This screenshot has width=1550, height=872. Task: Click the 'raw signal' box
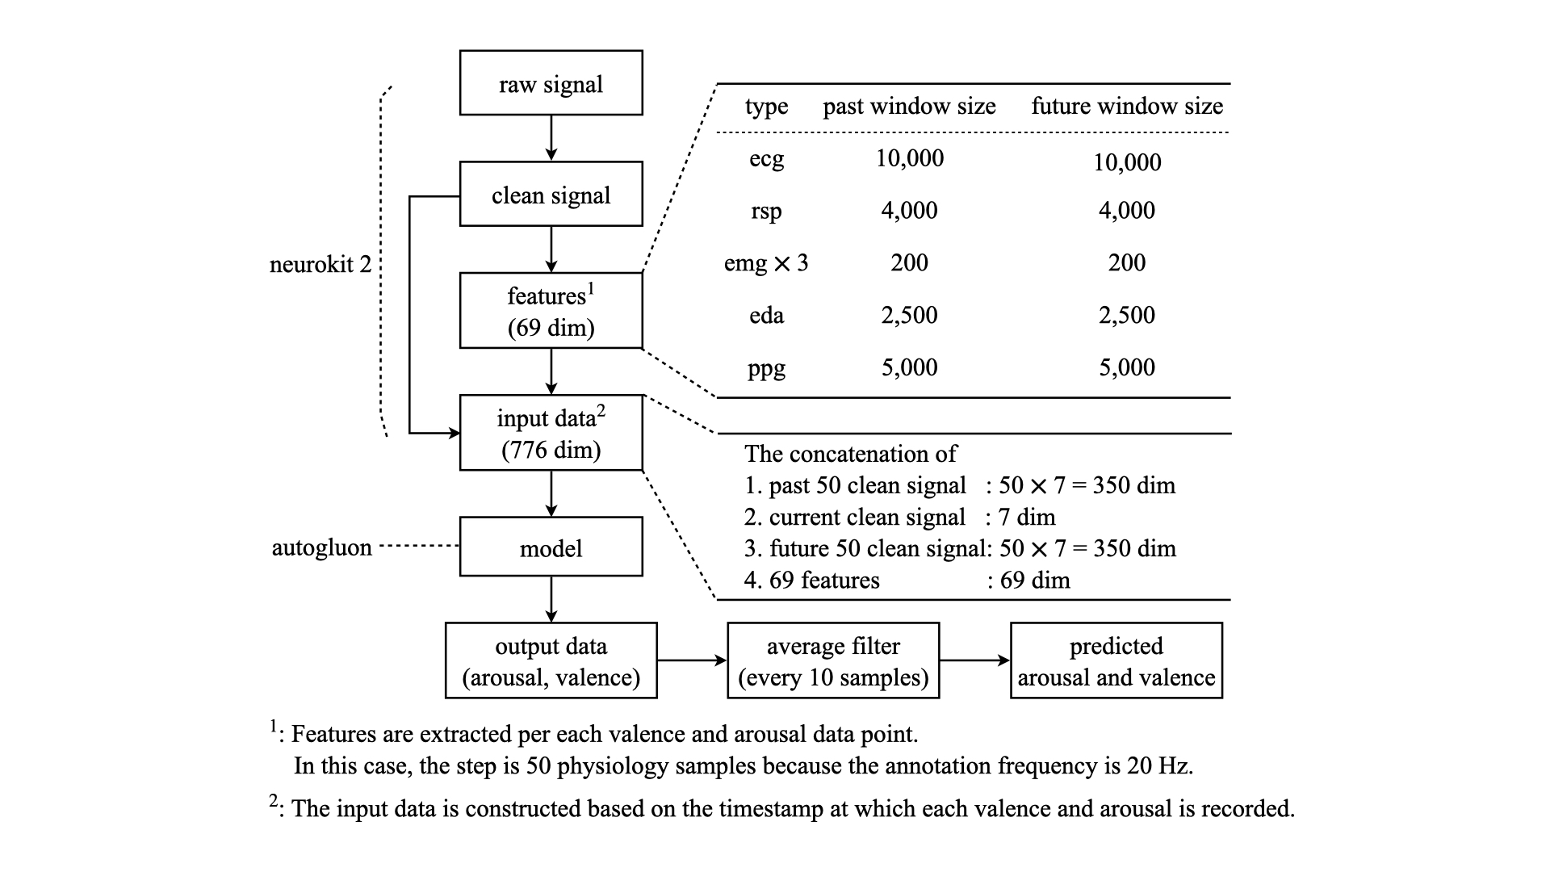point(551,83)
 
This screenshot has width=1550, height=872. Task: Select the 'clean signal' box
point(551,195)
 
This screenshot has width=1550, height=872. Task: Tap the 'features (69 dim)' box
point(551,311)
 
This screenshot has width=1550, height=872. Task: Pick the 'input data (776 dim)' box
point(551,433)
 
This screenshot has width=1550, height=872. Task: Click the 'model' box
point(551,547)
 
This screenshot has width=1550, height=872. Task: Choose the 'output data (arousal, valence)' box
point(551,660)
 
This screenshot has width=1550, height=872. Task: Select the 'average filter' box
point(833,660)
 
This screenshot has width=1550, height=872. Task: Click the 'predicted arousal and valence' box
point(1116,660)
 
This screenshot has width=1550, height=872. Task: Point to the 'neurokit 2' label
point(320,264)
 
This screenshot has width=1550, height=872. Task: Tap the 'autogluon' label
point(321,547)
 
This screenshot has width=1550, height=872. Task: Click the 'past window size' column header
point(909,106)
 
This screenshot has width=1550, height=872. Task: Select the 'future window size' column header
point(1127,106)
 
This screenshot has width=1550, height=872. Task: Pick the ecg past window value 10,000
point(909,158)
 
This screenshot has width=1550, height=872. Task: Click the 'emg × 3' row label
point(765,263)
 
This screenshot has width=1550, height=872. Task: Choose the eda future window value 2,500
point(1126,315)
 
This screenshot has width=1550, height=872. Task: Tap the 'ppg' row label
point(765,368)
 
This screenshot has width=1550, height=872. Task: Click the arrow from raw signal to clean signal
point(551,138)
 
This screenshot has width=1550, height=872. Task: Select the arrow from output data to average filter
point(692,660)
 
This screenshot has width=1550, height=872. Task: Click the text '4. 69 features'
point(811,580)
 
